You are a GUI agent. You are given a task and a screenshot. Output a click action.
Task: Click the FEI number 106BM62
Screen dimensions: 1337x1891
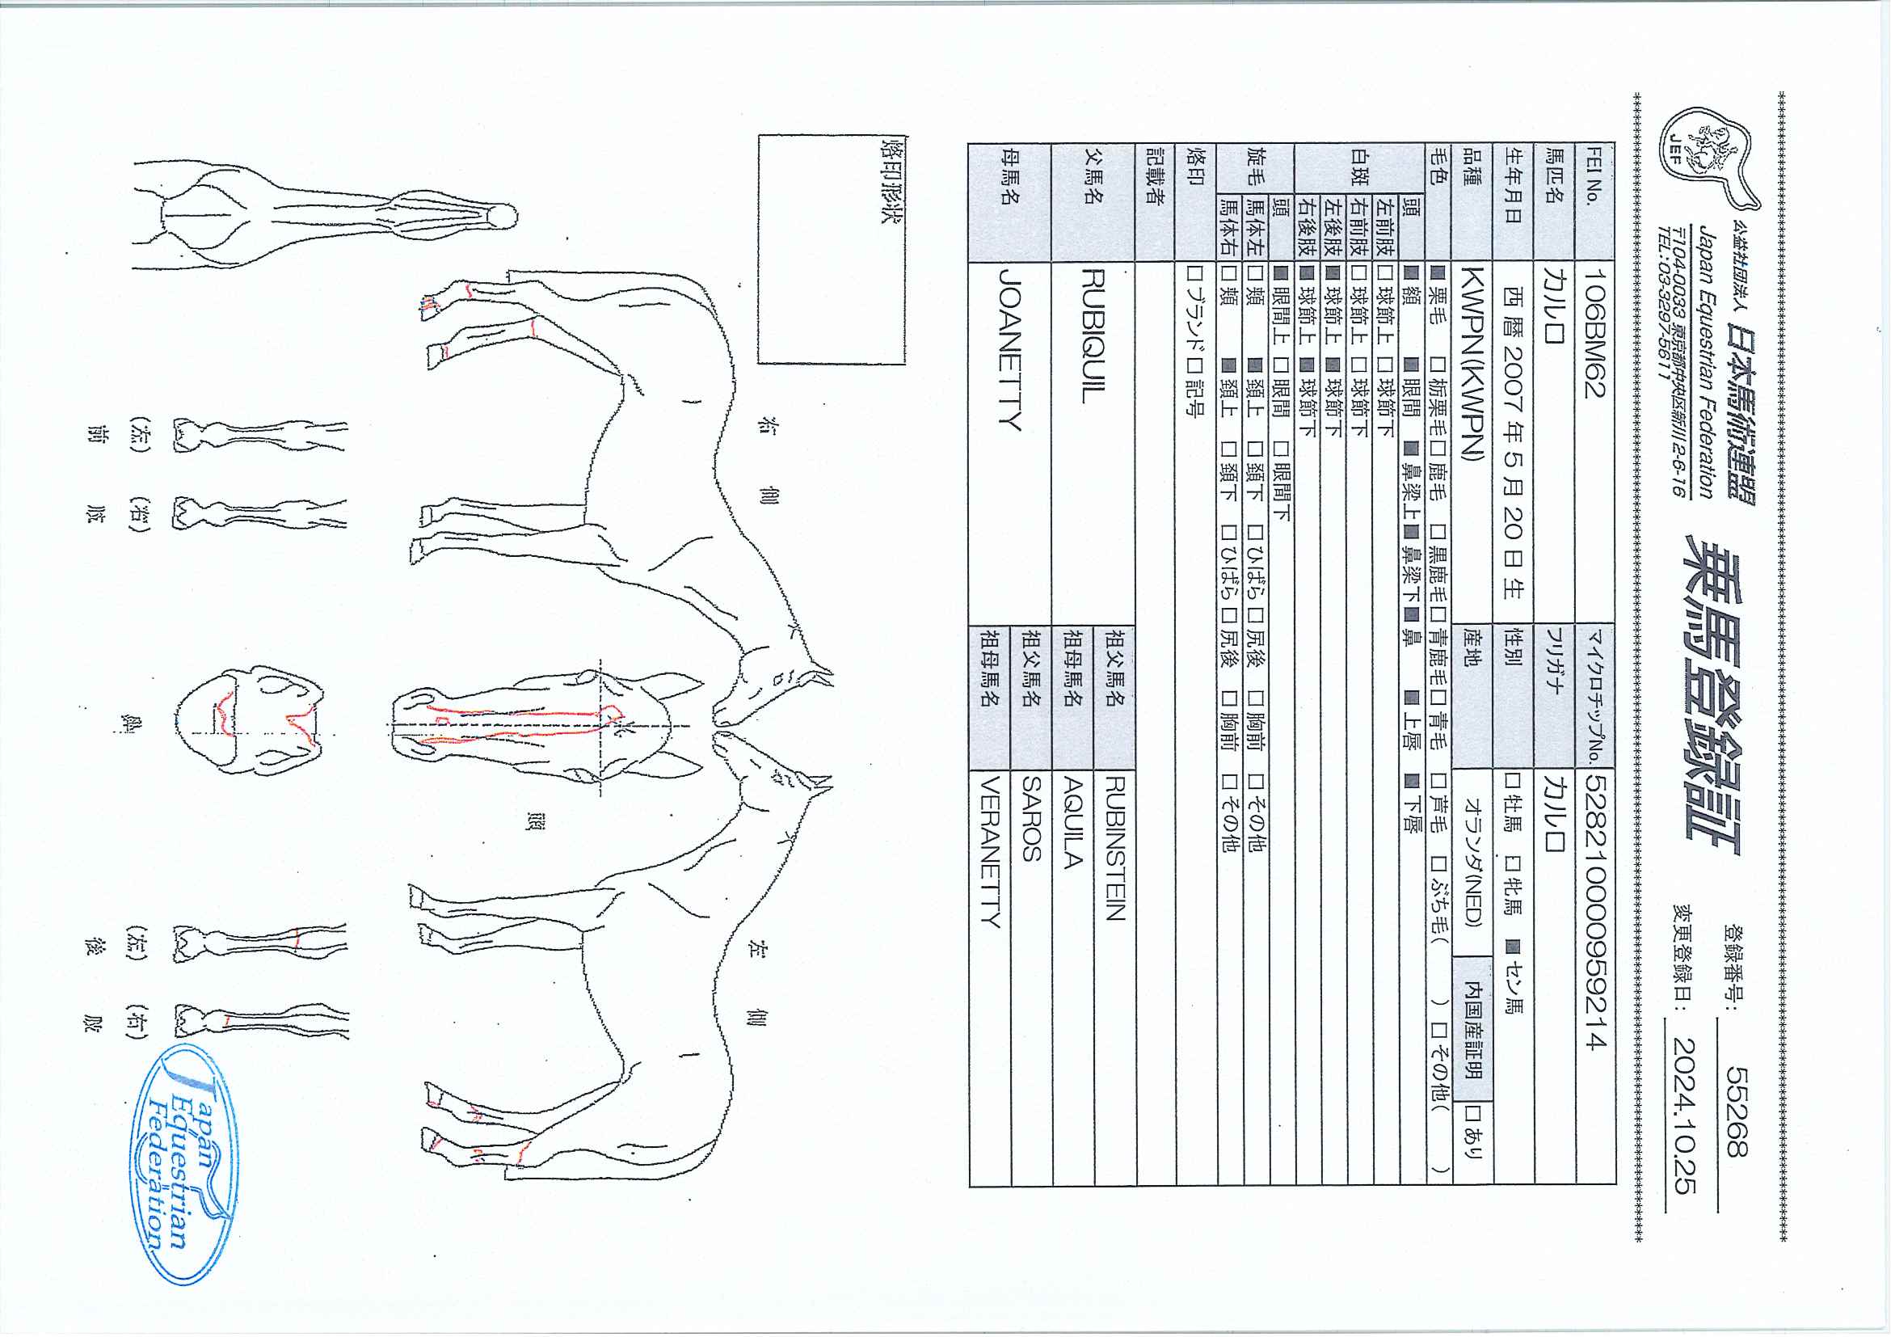(1594, 332)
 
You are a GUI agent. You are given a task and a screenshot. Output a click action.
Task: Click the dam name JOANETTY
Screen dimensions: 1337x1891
(1009, 350)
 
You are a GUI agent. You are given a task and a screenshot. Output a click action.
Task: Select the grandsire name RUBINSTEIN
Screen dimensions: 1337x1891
(1114, 849)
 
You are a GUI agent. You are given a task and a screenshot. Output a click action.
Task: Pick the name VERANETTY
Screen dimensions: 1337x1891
(990, 853)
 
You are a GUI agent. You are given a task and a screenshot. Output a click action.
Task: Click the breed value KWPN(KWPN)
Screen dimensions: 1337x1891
(1471, 362)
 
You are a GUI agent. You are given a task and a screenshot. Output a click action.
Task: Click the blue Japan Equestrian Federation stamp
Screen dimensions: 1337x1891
(185, 1164)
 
